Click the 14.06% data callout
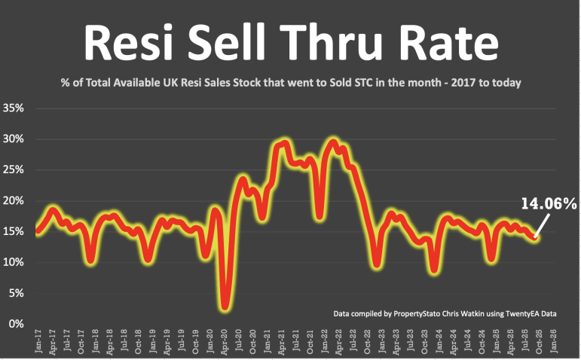click(x=548, y=203)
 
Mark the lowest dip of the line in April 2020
click(x=225, y=306)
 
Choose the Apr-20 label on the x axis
click(x=225, y=343)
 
